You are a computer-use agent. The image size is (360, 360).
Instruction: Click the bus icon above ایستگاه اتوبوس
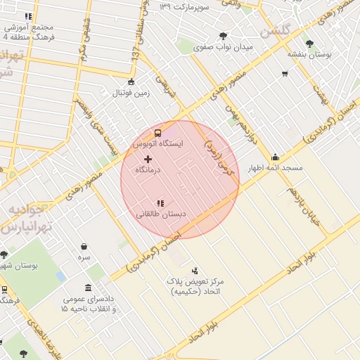(x=158, y=132)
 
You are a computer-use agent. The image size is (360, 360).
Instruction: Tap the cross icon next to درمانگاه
(x=148, y=160)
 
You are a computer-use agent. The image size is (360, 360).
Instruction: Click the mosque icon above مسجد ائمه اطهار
(x=275, y=157)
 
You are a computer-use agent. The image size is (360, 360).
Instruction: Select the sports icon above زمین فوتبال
(x=131, y=82)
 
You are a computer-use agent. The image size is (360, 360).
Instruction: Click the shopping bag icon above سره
(x=84, y=247)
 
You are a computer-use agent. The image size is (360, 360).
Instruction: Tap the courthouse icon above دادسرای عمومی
(x=87, y=288)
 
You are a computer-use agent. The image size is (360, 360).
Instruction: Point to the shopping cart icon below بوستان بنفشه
(x=285, y=73)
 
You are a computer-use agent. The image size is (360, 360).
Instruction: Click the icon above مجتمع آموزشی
(x=28, y=16)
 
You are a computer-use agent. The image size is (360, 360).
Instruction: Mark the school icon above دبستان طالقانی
(x=161, y=202)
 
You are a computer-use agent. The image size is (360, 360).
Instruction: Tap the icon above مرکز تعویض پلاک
(x=195, y=270)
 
